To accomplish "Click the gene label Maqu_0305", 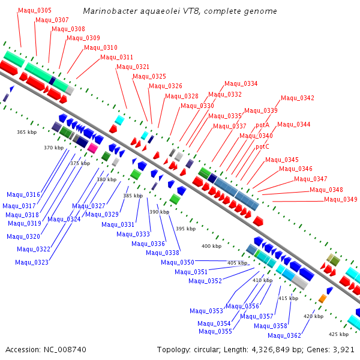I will tap(35, 10).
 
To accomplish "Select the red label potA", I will tap(263, 125).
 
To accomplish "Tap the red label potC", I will tap(263, 146).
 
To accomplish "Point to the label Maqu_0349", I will tap(341, 199).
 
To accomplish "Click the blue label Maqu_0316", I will tap(23, 194).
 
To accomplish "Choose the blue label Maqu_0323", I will tap(32, 262).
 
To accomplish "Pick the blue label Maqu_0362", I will tap(284, 335).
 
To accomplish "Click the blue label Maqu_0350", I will tap(178, 262).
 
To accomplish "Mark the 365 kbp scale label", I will tap(26, 132).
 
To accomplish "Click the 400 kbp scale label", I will tap(211, 246).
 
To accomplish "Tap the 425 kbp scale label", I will tap(339, 334).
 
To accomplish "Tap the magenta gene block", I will tap(92, 147).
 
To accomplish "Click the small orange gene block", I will tap(322, 298).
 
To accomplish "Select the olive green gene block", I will tap(333, 260).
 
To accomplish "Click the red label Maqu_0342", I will tap(298, 98).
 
